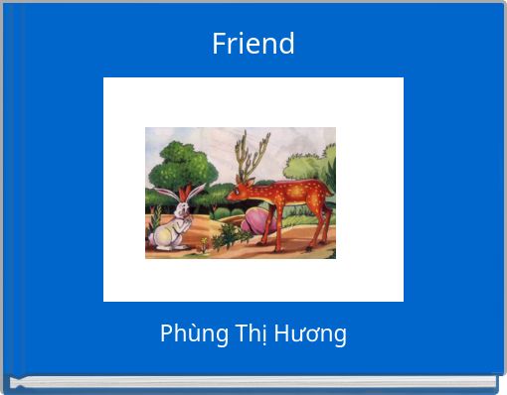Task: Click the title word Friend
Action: coord(253,44)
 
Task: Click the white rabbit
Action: coord(170,223)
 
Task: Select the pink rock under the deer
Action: coord(257,221)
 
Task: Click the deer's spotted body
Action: coord(293,198)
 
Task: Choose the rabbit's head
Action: coord(181,207)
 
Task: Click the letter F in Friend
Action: coord(219,44)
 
